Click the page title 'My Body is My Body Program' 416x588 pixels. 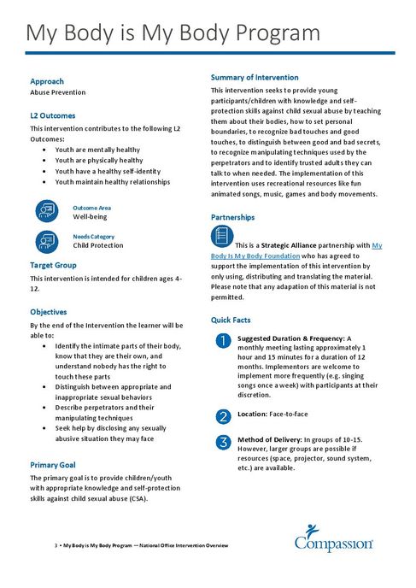pyautogui.click(x=173, y=33)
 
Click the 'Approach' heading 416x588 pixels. pyautogui.click(x=47, y=81)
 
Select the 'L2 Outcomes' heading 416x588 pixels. pyautogui.click(x=52, y=115)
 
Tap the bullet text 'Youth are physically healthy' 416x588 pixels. pyautogui.click(x=99, y=160)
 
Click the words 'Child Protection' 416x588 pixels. pyautogui.click(x=98, y=245)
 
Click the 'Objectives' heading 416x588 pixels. pyautogui.click(x=49, y=312)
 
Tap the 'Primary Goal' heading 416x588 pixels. pyautogui.click(x=54, y=464)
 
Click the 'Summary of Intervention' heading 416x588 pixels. pyautogui.click(x=255, y=78)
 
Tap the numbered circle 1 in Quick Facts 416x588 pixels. pyautogui.click(x=223, y=341)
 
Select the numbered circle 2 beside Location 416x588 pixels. pyautogui.click(x=223, y=416)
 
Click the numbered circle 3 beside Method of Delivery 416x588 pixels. pyautogui.click(x=223, y=442)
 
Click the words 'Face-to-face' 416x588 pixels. pyautogui.click(x=289, y=414)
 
